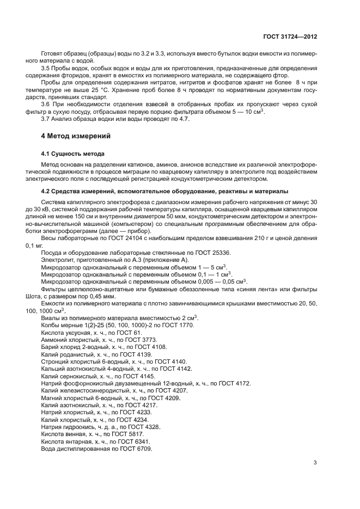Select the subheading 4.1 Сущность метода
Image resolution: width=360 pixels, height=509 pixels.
(x=73, y=154)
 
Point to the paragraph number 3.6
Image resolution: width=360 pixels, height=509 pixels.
(x=46, y=103)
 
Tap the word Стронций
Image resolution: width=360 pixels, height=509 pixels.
(x=56, y=361)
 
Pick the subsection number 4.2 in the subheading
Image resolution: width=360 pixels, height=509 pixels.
(x=46, y=191)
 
